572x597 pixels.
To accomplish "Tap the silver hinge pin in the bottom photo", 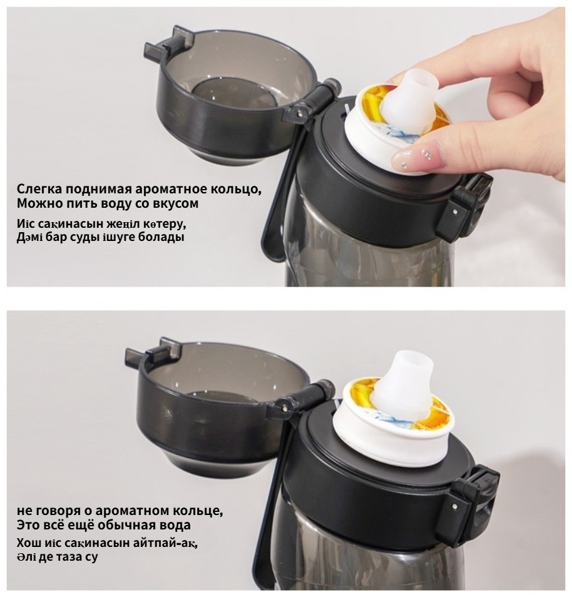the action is click(x=285, y=408).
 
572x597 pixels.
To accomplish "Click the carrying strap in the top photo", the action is click(x=280, y=190).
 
